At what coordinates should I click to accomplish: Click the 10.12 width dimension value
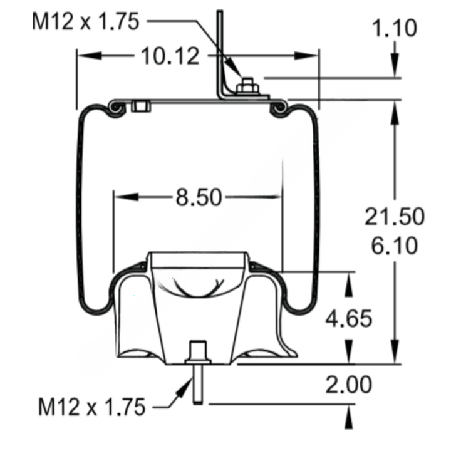point(170,56)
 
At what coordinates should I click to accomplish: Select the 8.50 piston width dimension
point(199,197)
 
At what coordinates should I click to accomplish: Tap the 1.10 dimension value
point(395,28)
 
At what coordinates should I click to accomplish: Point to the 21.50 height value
point(395,216)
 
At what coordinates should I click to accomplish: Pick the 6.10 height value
point(395,246)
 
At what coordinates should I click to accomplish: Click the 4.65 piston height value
point(349,319)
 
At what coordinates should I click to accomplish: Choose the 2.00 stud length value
point(349,385)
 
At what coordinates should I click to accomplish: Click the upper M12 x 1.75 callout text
point(86,21)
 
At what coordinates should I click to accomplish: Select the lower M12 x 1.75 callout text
point(91,407)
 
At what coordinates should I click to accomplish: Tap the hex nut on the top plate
point(247,86)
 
